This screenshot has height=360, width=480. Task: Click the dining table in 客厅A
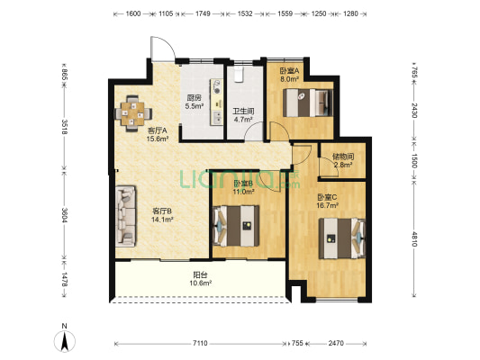(x=133, y=113)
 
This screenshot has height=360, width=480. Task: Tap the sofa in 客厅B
(x=125, y=216)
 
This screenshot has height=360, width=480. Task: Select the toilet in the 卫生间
(x=239, y=75)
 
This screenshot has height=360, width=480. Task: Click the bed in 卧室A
(x=308, y=103)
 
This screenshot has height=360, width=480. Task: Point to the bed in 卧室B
(x=236, y=226)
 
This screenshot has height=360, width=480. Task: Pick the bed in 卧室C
(x=342, y=238)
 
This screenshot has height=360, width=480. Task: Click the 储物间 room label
(x=343, y=157)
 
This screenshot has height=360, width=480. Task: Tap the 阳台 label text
(x=200, y=274)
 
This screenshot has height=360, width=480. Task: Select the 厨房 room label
(x=195, y=98)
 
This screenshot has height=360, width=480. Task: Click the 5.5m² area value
(x=195, y=106)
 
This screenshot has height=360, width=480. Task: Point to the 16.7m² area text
(x=327, y=205)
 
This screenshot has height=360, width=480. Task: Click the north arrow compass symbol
(x=65, y=341)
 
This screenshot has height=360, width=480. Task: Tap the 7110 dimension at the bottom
(x=200, y=343)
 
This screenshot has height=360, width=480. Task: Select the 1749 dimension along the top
(x=203, y=13)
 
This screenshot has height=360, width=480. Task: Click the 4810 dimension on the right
(x=414, y=238)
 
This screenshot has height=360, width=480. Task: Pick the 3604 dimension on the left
(x=64, y=215)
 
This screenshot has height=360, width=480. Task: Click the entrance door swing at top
(x=163, y=49)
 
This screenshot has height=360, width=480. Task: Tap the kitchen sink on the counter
(x=217, y=117)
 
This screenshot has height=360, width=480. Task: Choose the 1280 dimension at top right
(x=350, y=13)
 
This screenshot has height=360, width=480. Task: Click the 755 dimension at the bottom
(x=297, y=343)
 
